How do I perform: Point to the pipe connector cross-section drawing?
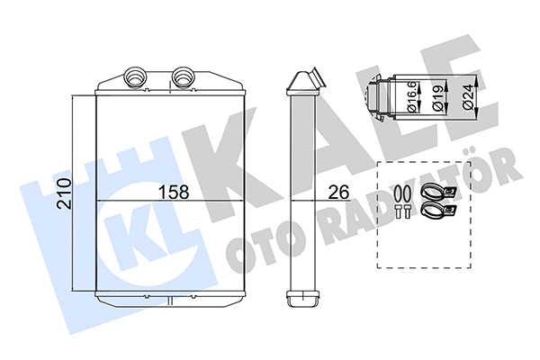pyautogui.click(x=388, y=94)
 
